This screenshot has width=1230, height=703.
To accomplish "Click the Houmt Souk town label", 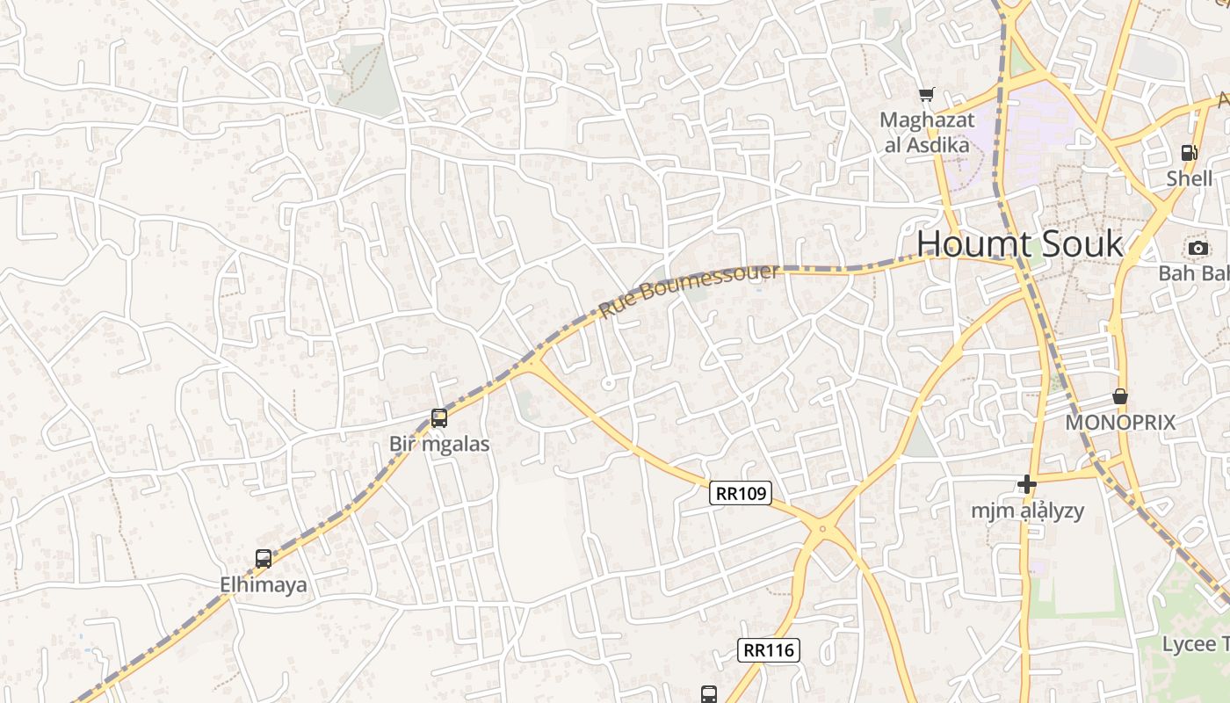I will pyautogui.click(x=1020, y=243).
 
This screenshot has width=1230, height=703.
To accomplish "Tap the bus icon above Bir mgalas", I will pyautogui.click(x=439, y=418).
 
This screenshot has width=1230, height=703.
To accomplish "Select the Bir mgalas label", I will pyautogui.click(x=439, y=445).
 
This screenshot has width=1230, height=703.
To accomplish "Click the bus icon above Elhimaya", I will pyautogui.click(x=264, y=558).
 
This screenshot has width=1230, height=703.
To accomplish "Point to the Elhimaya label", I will pyautogui.click(x=264, y=583).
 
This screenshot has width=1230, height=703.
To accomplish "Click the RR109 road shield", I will pyautogui.click(x=741, y=494).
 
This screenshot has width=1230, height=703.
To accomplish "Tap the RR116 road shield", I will pyautogui.click(x=768, y=650).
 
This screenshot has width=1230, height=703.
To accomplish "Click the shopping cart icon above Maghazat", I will pyautogui.click(x=926, y=94).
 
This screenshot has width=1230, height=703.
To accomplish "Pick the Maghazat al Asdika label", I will pyautogui.click(x=926, y=132).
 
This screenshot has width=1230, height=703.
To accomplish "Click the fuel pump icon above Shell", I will pyautogui.click(x=1189, y=153).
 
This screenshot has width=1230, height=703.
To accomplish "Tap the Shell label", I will pyautogui.click(x=1189, y=178).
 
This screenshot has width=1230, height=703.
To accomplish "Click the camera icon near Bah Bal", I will pyautogui.click(x=1198, y=248).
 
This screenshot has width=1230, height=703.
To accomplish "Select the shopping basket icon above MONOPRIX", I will pyautogui.click(x=1120, y=396).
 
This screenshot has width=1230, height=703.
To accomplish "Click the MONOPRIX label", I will pyautogui.click(x=1120, y=423).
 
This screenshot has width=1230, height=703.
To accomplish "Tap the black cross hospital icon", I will pyautogui.click(x=1027, y=484).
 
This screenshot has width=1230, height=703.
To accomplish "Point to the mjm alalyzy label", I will pyautogui.click(x=1027, y=511).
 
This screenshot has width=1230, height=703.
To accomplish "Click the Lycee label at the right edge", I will pyautogui.click(x=1195, y=644).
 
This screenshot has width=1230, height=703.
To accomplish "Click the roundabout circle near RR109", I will pyautogui.click(x=822, y=529).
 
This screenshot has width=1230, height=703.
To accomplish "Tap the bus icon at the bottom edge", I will pyautogui.click(x=709, y=694).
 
